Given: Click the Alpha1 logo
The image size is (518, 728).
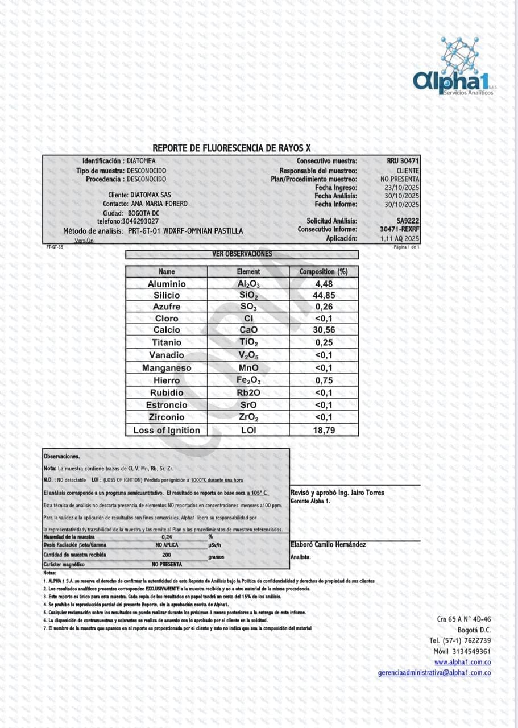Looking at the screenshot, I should click(454, 68).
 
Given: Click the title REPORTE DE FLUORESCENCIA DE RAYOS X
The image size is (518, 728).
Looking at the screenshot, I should click(232, 148).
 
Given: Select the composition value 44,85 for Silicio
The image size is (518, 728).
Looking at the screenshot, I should click(324, 295).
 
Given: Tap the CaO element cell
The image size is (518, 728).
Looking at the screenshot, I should click(248, 330).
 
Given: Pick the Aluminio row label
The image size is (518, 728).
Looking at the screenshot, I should click(167, 284).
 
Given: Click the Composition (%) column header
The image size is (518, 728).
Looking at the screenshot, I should click(324, 272).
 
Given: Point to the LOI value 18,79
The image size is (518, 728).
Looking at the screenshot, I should click(324, 431).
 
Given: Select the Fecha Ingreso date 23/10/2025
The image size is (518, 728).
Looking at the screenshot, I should click(401, 187).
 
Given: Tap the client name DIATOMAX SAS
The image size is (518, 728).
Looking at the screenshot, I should click(147, 195).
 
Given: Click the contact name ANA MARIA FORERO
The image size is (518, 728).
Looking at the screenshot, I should click(159, 204).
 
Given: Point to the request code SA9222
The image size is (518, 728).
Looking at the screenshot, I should click(408, 221).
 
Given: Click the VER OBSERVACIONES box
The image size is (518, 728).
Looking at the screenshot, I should click(242, 254).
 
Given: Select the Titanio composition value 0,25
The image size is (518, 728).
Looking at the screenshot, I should click(324, 342).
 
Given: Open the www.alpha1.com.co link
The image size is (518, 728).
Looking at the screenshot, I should click(462, 662).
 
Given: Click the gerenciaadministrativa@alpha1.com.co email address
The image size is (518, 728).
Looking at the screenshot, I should click(434, 673).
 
